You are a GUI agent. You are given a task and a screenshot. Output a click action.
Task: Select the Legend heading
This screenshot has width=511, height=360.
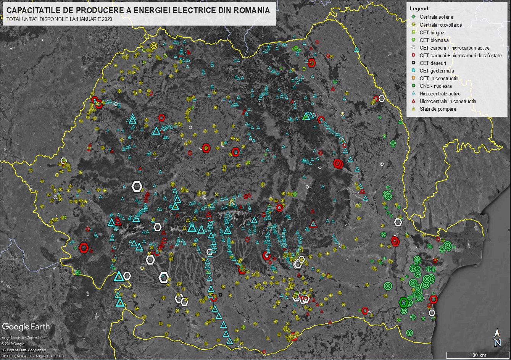[419, 9]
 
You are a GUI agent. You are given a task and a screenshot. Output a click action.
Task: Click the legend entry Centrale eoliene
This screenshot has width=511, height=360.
[436, 17]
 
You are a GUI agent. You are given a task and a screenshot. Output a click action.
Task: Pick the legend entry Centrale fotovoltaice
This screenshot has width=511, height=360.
[440, 25]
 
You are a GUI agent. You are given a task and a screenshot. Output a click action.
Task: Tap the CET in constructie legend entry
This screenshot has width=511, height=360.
[439, 78]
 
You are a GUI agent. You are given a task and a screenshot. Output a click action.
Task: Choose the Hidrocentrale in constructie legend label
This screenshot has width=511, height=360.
[448, 101]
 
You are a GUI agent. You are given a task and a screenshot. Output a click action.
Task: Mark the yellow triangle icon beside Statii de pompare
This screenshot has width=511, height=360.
[414, 109]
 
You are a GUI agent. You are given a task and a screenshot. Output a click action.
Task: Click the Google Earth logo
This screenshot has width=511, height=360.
[26, 327]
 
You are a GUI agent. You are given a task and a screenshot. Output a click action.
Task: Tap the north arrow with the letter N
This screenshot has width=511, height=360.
[498, 338]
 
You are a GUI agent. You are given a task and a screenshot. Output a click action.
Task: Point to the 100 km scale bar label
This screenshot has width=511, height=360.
[478, 355]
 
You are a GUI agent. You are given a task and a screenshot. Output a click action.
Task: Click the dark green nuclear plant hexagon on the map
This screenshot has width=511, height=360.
[403, 302]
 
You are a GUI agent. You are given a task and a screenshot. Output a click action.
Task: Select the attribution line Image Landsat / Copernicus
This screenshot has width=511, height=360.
[23, 338]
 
